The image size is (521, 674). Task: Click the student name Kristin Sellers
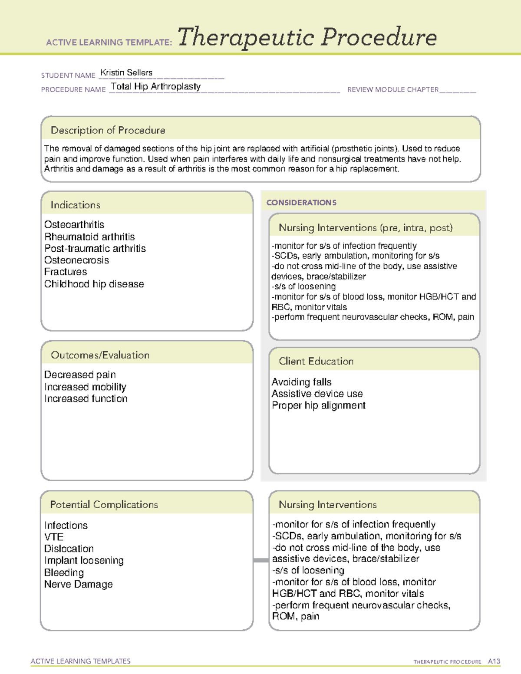coord(126,72)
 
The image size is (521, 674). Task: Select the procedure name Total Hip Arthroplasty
coord(155,86)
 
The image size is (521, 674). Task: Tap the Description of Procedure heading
coord(108,130)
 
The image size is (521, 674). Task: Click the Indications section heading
coord(75,205)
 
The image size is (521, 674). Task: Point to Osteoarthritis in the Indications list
coord(74,224)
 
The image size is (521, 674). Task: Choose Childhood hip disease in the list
coord(94,284)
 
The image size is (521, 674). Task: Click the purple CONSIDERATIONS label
coord(301,203)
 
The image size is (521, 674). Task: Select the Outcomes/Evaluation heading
coord(100,355)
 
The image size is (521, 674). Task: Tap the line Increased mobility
coord(85,387)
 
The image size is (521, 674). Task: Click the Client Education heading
coord(316,361)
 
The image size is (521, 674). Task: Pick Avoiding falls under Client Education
coord(301,382)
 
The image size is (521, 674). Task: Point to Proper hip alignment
coord(318,405)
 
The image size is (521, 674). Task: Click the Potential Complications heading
coord(104,504)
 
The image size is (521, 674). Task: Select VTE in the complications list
coord(54,537)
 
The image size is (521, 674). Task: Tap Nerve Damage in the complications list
coord(78,584)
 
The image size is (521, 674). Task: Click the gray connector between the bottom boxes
coord(260,560)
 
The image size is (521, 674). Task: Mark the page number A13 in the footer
coord(494,661)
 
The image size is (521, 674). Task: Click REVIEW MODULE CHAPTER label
coord(393,89)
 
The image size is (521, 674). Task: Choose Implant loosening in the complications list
coord(84,560)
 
